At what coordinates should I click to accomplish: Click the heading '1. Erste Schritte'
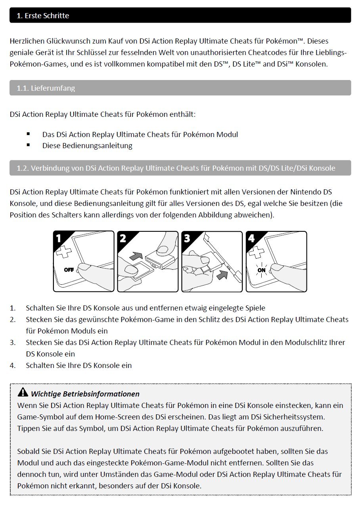pyautogui.click(x=43, y=16)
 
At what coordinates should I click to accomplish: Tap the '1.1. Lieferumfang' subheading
pyautogui.click(x=46, y=88)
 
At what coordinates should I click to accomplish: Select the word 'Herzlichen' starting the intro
pyautogui.click(x=27, y=41)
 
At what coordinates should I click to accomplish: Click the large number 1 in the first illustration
pyautogui.click(x=59, y=238)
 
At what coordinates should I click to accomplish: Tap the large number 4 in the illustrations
pyautogui.click(x=251, y=238)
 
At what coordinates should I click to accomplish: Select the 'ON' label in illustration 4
pyautogui.click(x=262, y=270)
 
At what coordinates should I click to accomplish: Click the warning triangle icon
pyautogui.click(x=23, y=393)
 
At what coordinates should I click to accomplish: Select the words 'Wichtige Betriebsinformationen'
pyautogui.click(x=85, y=394)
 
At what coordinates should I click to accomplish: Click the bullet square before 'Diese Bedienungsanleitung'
pyautogui.click(x=29, y=145)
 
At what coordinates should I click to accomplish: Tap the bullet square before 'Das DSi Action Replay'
pyautogui.click(x=29, y=134)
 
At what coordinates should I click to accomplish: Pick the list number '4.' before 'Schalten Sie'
pyautogui.click(x=13, y=366)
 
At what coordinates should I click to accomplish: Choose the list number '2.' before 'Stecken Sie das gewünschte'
pyautogui.click(x=13, y=319)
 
